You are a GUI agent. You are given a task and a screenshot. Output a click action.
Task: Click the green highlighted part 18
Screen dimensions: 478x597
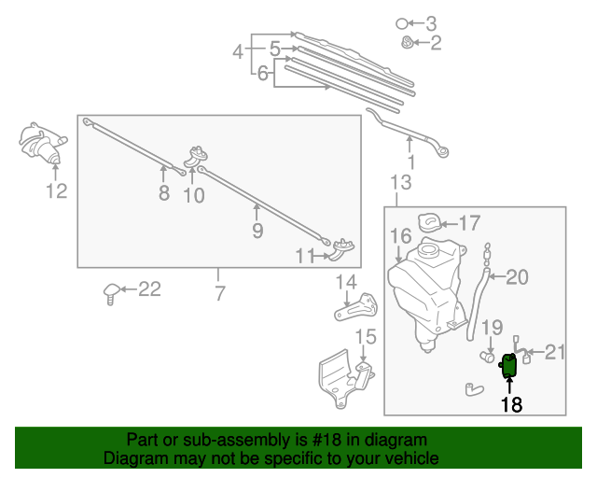pos(510,365)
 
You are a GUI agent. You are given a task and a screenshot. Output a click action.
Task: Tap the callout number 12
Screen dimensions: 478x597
pos(57,191)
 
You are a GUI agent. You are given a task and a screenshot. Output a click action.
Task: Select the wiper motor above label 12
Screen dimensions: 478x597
pos(44,144)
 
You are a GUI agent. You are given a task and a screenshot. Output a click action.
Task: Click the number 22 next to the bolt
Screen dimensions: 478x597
pos(149,289)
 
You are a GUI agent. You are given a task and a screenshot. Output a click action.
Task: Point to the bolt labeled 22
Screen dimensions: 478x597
pos(111,292)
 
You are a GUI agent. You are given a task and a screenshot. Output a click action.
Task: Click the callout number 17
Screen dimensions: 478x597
pos(469,223)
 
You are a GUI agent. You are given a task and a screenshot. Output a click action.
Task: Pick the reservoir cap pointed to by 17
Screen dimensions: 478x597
pos(430,221)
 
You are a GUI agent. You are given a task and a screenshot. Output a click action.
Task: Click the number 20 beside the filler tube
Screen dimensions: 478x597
pos(517,276)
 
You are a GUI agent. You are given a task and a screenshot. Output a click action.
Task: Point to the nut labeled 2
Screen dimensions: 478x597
pos(407,42)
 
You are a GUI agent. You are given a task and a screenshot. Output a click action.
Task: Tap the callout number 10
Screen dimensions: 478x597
pos(193,195)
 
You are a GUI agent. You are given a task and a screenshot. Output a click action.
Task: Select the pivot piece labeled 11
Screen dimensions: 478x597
pos(341,246)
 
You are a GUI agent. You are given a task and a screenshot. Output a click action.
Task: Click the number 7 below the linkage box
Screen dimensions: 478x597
pos(219,294)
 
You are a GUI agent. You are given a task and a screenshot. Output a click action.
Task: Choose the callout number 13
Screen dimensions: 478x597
pos(400,182)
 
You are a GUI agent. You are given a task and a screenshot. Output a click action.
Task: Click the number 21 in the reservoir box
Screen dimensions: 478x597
pos(556,352)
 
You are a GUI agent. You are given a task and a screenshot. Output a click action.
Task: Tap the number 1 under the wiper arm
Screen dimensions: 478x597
pos(410,162)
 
